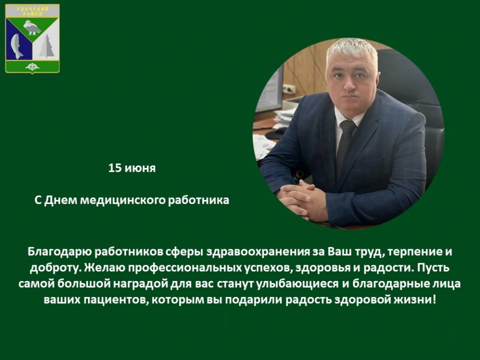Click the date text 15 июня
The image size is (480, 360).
point(132,168)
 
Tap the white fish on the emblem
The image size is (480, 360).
point(17,46)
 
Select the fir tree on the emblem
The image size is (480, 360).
point(46,46)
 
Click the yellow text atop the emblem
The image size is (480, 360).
point(32,11)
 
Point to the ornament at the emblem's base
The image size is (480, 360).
point(32,67)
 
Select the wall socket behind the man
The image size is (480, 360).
point(289,89)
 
